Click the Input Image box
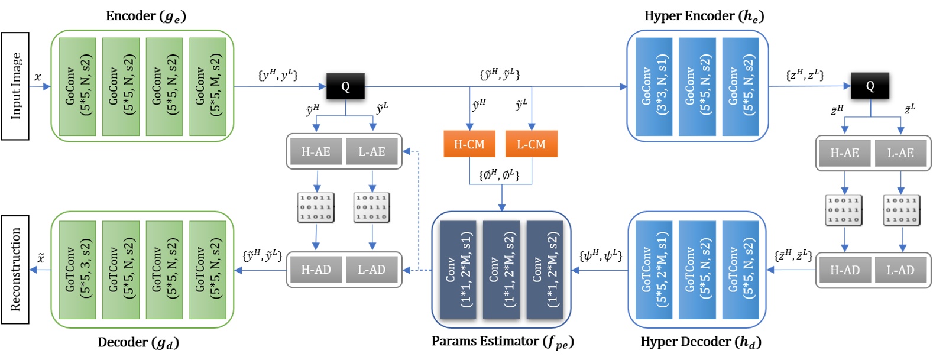coord(15,86)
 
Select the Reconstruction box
coord(15,269)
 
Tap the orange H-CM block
coord(469,144)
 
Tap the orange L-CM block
coord(531,144)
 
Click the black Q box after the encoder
coord(345,86)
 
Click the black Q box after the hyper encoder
coord(870,86)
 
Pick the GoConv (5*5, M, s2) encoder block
coord(208,86)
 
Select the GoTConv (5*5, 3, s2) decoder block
coord(77,270)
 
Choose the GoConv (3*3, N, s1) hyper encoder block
coord(654,86)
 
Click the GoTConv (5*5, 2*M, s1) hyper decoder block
coord(654,270)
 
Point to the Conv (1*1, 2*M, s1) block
coord(458,270)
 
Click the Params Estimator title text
coord(502,342)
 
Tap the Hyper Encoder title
coord(704,16)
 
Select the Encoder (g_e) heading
coord(145,16)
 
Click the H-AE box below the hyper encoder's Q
coord(844,153)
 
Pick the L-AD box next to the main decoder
coord(371,270)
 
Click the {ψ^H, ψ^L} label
coord(601,255)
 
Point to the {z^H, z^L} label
coord(805,74)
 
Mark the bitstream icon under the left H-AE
coord(316,208)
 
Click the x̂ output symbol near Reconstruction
coord(41,258)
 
